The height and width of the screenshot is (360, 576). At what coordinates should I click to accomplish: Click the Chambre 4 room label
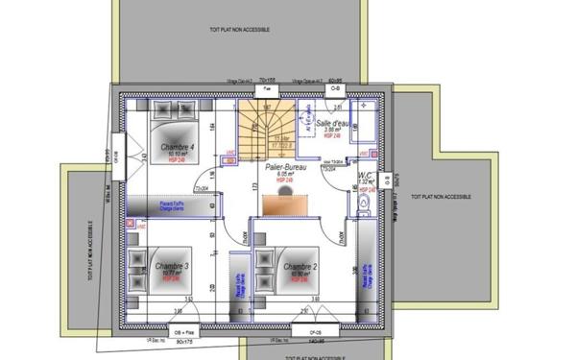[178, 147]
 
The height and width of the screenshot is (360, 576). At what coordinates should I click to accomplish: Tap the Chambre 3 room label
[172, 265]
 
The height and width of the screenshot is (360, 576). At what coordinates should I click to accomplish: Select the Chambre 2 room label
[300, 266]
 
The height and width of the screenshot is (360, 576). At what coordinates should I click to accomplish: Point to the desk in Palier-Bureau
[285, 203]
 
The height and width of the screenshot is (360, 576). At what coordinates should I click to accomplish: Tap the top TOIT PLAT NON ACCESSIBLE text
[239, 30]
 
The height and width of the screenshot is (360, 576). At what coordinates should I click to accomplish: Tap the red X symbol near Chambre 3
[131, 224]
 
